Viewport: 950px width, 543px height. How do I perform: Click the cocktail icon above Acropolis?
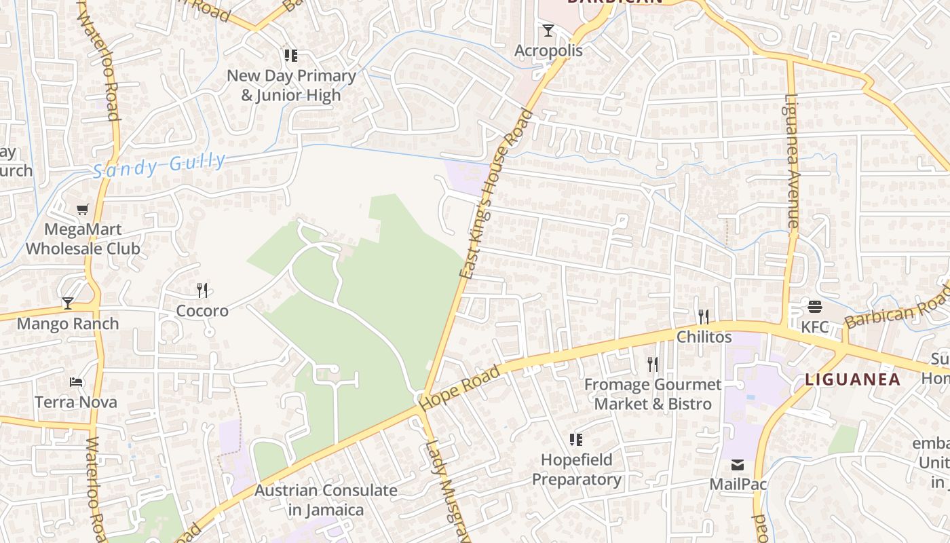click(x=548, y=31)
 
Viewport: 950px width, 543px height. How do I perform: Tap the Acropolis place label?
click(x=548, y=51)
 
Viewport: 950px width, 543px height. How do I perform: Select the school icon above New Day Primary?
click(x=291, y=56)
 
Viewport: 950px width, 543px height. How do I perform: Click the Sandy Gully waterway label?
click(x=159, y=165)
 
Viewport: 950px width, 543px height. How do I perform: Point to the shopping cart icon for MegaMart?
click(x=83, y=210)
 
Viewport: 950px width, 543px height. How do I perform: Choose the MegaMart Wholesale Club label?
click(x=83, y=239)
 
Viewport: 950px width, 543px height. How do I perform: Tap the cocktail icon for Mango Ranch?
click(x=68, y=303)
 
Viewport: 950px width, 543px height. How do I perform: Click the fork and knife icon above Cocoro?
click(x=202, y=291)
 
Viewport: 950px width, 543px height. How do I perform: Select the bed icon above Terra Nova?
click(x=76, y=382)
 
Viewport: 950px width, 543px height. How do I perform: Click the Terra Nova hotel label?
click(x=76, y=402)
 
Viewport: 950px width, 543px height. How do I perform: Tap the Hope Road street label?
click(x=460, y=388)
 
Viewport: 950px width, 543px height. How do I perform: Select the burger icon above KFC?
click(x=815, y=307)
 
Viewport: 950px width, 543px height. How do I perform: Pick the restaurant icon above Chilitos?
click(x=704, y=316)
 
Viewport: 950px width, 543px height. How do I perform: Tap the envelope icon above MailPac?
click(x=738, y=465)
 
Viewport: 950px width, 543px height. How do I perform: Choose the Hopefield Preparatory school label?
click(x=576, y=470)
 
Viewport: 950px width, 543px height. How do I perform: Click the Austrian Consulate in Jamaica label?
click(x=326, y=500)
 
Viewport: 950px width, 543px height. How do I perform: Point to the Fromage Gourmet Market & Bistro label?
click(x=653, y=394)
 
